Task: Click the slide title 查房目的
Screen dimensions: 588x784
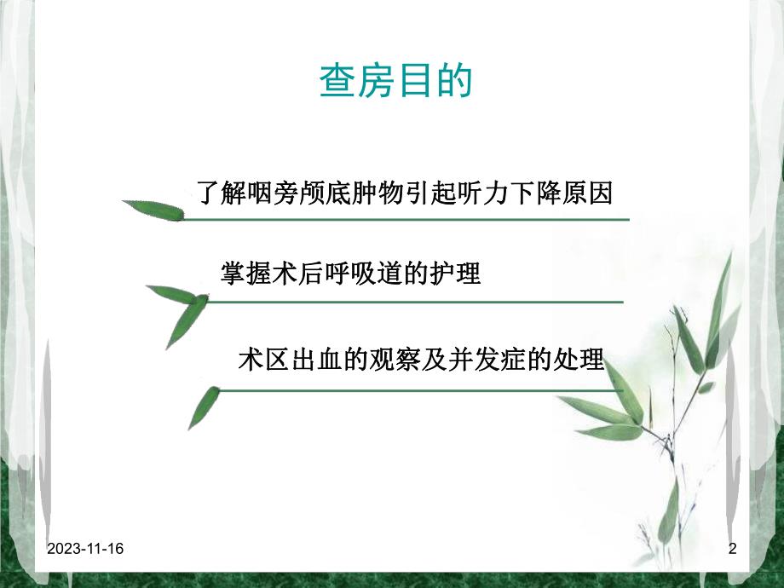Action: coord(395,82)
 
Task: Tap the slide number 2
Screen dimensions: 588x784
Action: coord(731,550)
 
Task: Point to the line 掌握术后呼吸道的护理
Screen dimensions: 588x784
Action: coord(350,274)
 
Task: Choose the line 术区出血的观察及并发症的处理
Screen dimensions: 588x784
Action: coord(421,360)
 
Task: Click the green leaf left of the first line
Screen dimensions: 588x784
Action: coord(154,210)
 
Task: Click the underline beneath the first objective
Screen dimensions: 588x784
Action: coord(406,219)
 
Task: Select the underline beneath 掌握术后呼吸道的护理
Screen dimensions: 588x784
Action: coord(414,301)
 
